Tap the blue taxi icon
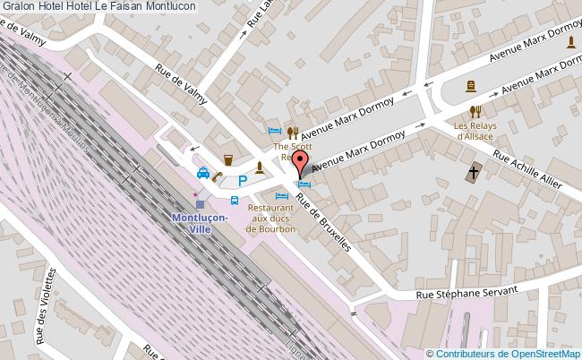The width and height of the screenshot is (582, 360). (x=204, y=173)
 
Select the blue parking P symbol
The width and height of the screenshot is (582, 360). (x=241, y=181)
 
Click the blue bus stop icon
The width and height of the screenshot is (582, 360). (x=235, y=201)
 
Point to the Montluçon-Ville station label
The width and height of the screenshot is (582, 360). (x=200, y=223)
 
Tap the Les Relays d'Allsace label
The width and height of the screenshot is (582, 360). (x=476, y=131)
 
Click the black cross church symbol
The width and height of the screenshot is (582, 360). (x=474, y=172)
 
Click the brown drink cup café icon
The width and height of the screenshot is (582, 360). (x=228, y=160)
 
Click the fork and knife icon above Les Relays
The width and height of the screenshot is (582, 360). (x=476, y=111)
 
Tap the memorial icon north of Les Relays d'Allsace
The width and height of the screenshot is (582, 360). (x=471, y=86)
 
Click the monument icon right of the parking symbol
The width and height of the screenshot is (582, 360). (x=261, y=167)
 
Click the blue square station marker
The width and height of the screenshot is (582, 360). (x=200, y=204)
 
